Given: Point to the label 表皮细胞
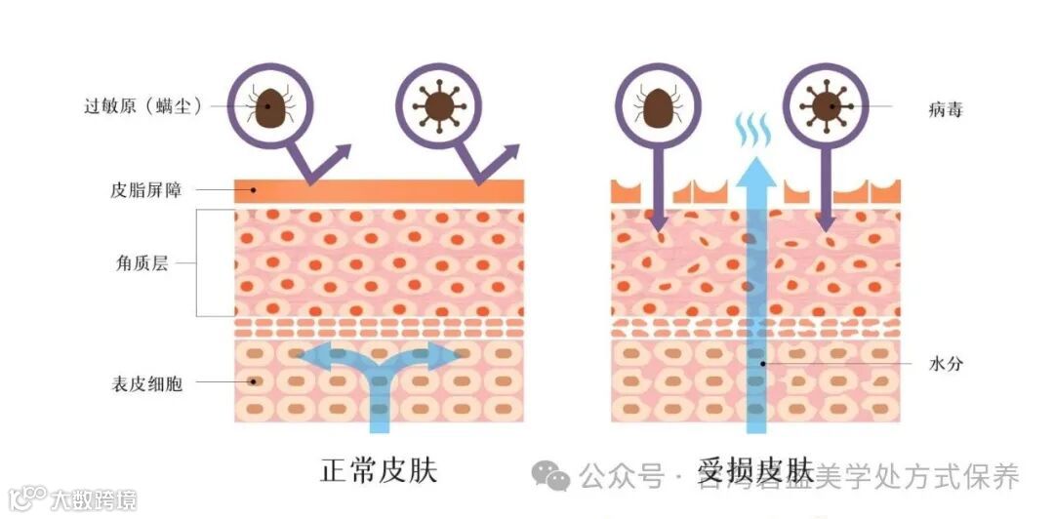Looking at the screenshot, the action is pos(149,383).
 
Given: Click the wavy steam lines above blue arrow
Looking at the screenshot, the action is pos(754,130).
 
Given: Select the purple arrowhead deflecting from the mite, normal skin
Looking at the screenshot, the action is pos(342,151).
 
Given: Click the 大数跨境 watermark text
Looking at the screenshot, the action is pos(94,499).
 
